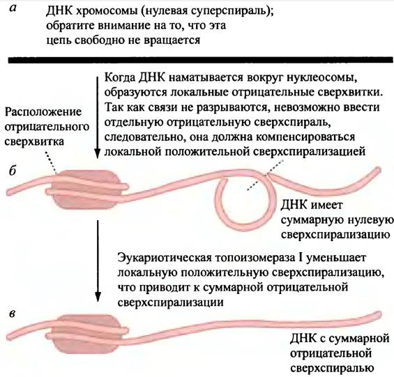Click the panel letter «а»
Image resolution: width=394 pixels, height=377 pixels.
(14, 8)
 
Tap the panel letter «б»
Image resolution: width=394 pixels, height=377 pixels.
(12, 171)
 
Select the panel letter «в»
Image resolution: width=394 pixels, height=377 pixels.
(12, 314)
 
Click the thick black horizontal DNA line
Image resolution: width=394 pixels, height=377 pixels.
(201, 61)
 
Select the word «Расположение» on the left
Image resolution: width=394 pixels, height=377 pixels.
(43, 112)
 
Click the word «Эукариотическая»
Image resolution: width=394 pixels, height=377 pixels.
(165, 259)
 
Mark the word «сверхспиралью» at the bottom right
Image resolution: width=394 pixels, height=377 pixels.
(332, 369)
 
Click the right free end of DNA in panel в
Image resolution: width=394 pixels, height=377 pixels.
(379, 314)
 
